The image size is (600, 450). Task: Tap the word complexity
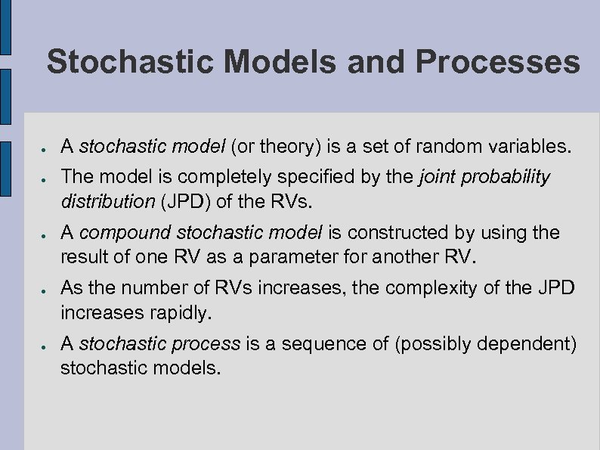pos(409,289)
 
